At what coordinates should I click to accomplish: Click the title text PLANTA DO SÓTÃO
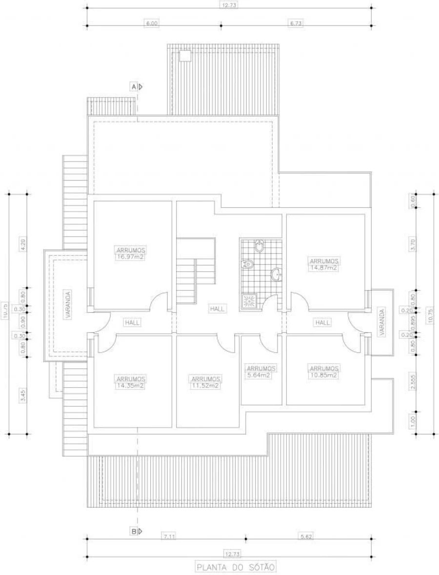[236, 567]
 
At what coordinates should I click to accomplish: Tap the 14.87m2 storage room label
[324, 267]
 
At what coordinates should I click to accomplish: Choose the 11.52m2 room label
[206, 385]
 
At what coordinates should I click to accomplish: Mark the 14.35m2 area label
[131, 385]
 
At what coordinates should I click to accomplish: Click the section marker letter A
[133, 87]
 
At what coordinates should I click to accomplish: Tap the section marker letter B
[133, 531]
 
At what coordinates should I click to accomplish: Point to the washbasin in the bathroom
[277, 275]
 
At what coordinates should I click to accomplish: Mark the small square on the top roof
[185, 55]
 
